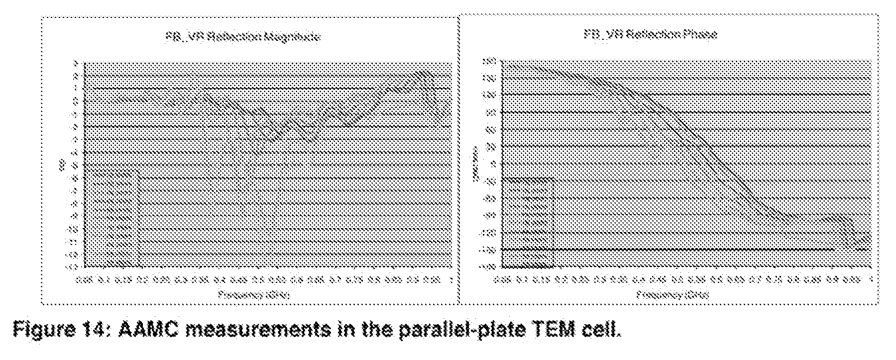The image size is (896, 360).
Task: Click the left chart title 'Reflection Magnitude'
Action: pos(242,37)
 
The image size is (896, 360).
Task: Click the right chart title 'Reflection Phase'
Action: pos(651,34)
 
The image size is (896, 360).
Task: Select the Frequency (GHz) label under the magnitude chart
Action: pos(254,294)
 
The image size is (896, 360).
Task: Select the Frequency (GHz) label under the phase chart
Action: pos(672,294)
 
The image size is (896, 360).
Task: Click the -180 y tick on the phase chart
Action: pos(486,267)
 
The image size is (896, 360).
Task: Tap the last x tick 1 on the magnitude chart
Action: pos(451,280)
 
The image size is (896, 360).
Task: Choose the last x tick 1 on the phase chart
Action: pos(870,280)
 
